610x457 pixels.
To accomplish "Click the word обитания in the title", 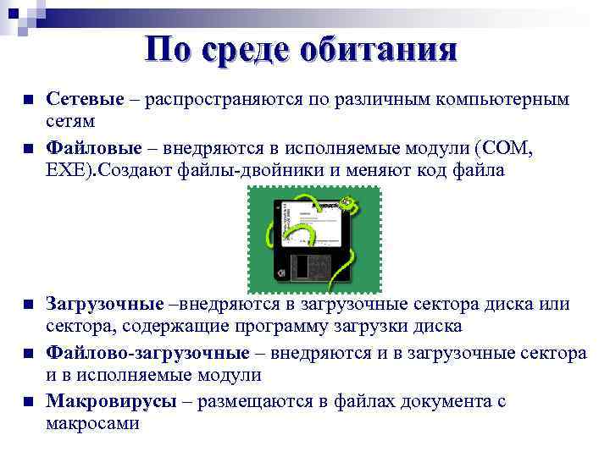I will (x=384, y=48).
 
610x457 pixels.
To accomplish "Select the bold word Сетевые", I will (x=84, y=100).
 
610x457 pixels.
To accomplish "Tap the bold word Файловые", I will (x=88, y=149).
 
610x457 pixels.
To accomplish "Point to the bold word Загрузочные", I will (x=104, y=304).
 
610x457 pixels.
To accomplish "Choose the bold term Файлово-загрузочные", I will (x=147, y=352).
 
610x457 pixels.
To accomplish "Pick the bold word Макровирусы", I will (x=111, y=401).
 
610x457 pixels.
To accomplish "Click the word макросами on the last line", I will (x=92, y=423).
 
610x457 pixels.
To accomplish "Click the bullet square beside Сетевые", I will (x=28, y=101).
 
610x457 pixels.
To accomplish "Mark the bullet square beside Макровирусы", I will (x=28, y=402).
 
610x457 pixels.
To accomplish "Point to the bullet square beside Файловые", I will (x=28, y=150).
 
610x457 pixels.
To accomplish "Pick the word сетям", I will (x=70, y=122).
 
